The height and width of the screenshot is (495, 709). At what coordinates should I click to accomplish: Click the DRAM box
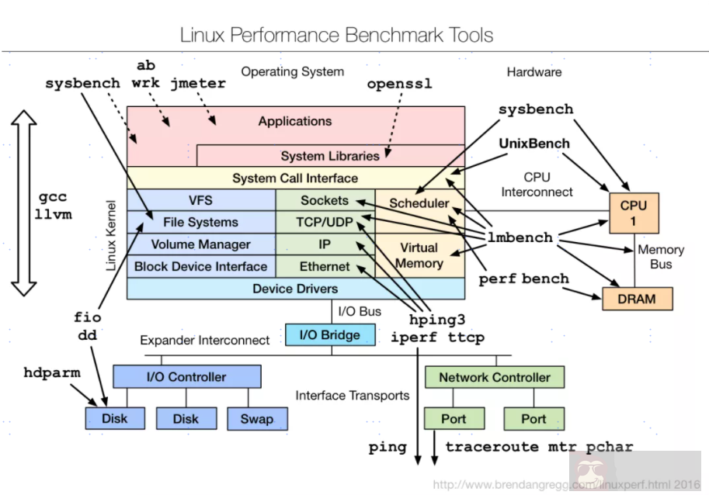point(637,299)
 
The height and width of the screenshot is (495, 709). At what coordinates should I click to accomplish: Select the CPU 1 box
point(633,213)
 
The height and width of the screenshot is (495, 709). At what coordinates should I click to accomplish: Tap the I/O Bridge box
point(330,335)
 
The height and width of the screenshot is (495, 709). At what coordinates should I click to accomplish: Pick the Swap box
point(256,418)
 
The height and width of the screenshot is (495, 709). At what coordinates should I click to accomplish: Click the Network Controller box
point(494,377)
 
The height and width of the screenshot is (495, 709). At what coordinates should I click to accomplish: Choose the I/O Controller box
point(186,377)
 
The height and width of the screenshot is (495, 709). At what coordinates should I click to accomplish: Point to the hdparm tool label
point(52,372)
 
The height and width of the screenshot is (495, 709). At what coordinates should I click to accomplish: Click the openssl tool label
point(399,83)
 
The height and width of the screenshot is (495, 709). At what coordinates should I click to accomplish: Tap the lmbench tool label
point(520,237)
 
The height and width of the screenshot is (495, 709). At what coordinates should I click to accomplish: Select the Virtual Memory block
point(419,255)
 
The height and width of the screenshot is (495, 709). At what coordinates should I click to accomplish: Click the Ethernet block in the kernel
point(325,266)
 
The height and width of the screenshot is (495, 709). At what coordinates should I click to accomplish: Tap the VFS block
point(200,200)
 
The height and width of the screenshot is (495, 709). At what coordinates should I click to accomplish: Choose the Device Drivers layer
point(295,289)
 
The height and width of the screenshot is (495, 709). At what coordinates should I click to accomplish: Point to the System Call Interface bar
point(295,178)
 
